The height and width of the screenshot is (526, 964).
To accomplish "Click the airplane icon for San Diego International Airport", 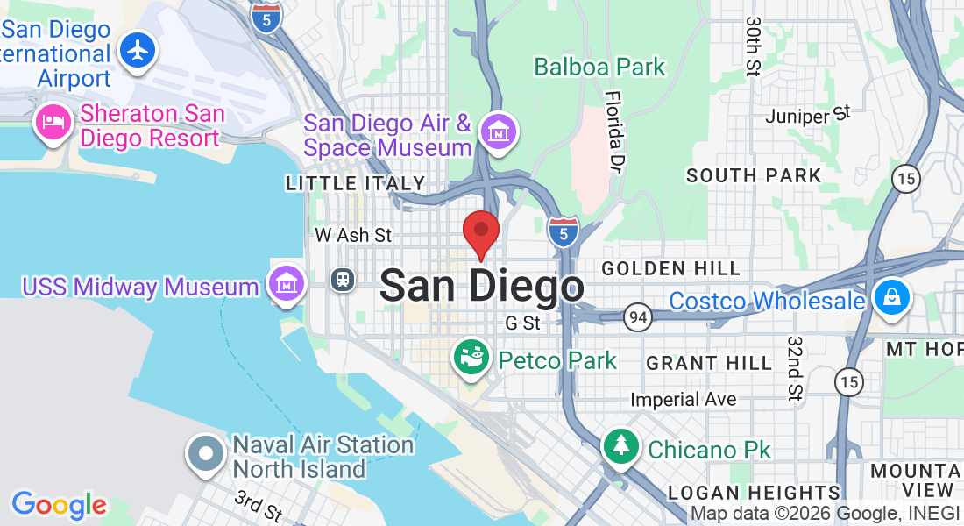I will pyautogui.click(x=138, y=50).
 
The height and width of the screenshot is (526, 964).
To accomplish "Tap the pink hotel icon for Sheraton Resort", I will pyautogui.click(x=53, y=122).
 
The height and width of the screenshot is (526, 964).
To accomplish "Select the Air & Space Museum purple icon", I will pyautogui.click(x=499, y=132).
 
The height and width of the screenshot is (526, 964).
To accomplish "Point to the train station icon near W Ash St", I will pyautogui.click(x=341, y=280).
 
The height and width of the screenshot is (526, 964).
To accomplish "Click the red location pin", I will pyautogui.click(x=481, y=231).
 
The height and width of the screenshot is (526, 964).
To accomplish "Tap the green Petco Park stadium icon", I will pyautogui.click(x=471, y=357).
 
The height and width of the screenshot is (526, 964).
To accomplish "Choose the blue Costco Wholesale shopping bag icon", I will pyautogui.click(x=891, y=296).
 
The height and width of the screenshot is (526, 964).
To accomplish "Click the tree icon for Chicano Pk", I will pyautogui.click(x=621, y=446).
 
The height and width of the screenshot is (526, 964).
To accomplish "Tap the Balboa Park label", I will pyautogui.click(x=599, y=67).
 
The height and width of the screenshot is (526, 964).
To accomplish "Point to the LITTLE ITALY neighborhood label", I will pyautogui.click(x=356, y=183).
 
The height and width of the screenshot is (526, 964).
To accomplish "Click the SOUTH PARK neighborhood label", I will pyautogui.click(x=754, y=175).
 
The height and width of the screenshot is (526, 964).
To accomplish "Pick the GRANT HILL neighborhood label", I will pyautogui.click(x=709, y=362).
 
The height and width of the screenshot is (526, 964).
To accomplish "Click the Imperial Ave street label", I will pyautogui.click(x=684, y=400).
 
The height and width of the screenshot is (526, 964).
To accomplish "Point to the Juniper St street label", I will pyautogui.click(x=807, y=115).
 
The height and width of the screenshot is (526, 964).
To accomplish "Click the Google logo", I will pyautogui.click(x=58, y=504).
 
